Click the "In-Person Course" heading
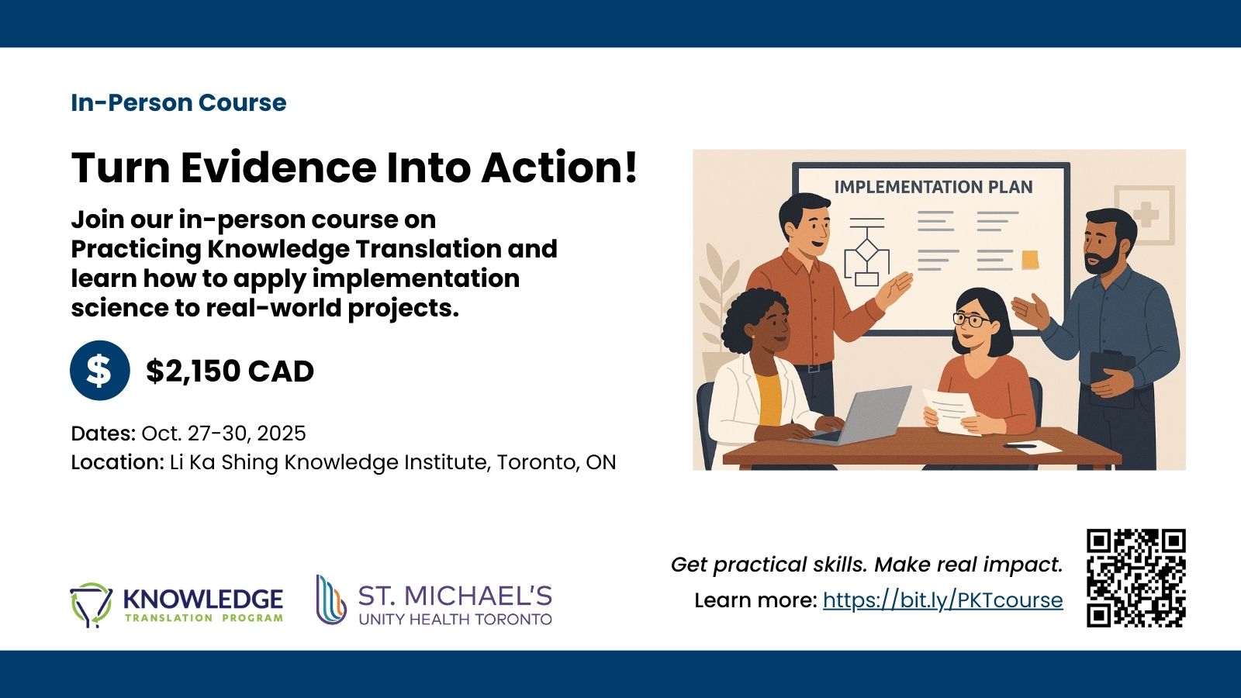pyautogui.click(x=178, y=102)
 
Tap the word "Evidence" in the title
pyautogui.click(x=278, y=168)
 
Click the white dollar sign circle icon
pyautogui.click(x=100, y=370)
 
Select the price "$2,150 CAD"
pyautogui.click(x=230, y=371)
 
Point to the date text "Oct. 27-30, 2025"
pyautogui.click(x=223, y=433)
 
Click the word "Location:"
pyautogui.click(x=117, y=462)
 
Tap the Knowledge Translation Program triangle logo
pyautogui.click(x=91, y=604)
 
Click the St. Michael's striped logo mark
pyautogui.click(x=330, y=600)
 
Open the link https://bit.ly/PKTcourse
pyautogui.click(x=943, y=600)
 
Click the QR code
pyautogui.click(x=1136, y=578)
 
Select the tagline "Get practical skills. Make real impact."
pyautogui.click(x=867, y=565)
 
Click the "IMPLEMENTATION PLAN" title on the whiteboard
pyautogui.click(x=934, y=187)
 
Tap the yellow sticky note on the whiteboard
pyautogui.click(x=1030, y=259)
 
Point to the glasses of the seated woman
pyautogui.click(x=970, y=320)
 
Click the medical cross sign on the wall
pyautogui.click(x=1145, y=215)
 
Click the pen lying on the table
pyautogui.click(x=1019, y=445)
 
